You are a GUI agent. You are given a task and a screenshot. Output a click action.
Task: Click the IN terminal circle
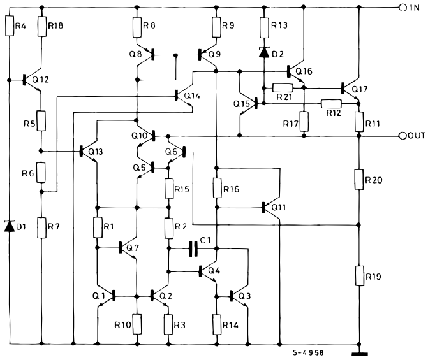tap(402, 8)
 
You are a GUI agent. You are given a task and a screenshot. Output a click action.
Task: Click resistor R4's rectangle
tap(10, 26)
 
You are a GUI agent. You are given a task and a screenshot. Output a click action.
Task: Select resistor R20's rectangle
tap(358, 180)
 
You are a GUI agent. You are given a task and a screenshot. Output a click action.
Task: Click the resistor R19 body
tap(358, 277)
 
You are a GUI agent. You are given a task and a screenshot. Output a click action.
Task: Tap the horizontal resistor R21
tap(282, 88)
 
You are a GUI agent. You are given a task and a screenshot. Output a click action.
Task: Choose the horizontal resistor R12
tap(330, 103)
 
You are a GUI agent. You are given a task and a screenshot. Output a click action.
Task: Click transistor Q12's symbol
tap(29, 80)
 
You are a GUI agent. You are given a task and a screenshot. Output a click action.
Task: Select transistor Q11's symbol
tap(271, 207)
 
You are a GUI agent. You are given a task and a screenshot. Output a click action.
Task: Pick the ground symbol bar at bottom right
tap(358, 354)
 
